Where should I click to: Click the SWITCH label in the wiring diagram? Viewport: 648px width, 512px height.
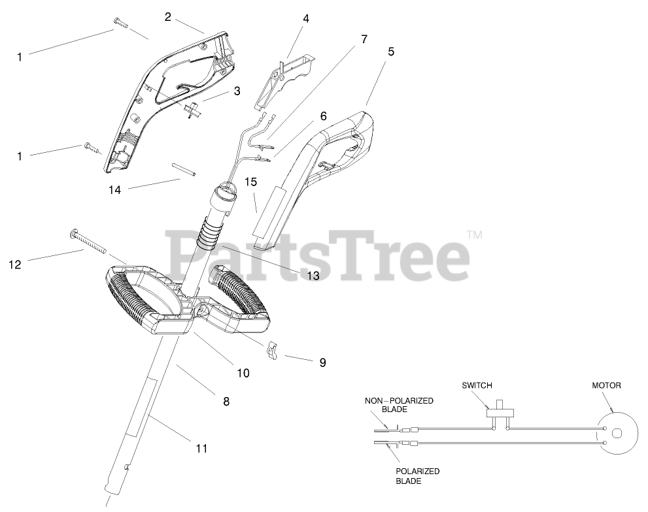point(476,385)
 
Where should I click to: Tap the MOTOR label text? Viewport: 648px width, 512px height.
point(606,385)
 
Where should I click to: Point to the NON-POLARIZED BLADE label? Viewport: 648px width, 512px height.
point(399,405)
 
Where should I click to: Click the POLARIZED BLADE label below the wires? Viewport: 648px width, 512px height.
point(417,475)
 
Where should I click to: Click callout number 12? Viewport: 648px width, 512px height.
point(15,264)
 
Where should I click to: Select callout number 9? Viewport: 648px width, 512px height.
point(322,362)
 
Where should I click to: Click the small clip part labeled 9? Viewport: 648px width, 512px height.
point(274,350)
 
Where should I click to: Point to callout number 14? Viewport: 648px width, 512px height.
point(116,190)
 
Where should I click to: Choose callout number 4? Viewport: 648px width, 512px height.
point(305,18)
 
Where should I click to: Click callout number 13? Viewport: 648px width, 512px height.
point(313,276)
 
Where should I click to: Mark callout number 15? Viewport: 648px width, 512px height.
point(251,181)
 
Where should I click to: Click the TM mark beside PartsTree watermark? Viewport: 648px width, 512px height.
point(474,235)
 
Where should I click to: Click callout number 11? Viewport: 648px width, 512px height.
point(201,448)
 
